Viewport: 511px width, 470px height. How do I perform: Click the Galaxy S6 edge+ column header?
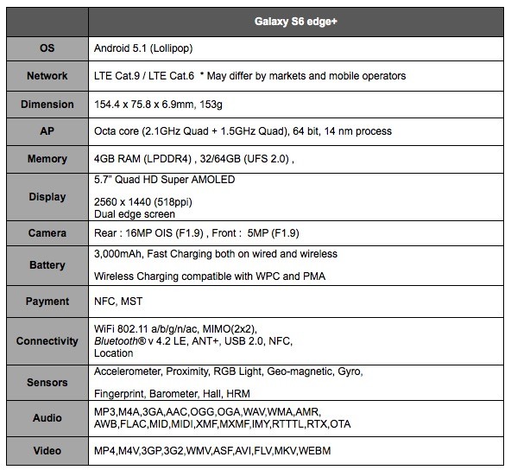point(295,22)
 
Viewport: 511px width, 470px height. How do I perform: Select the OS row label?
point(47,48)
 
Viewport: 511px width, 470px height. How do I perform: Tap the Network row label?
point(47,76)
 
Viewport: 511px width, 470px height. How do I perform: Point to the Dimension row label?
point(47,105)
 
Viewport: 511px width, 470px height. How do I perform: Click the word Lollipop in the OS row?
point(171,48)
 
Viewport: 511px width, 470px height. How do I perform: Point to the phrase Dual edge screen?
point(135,214)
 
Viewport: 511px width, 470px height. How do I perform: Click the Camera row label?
point(47,233)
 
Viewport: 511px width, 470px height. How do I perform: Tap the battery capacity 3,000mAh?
point(118,254)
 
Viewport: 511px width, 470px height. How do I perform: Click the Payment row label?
point(47,302)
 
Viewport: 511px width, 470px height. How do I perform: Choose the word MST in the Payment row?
point(132,302)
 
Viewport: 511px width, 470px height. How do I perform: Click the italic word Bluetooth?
point(116,341)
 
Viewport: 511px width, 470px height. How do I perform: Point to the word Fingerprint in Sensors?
point(119,394)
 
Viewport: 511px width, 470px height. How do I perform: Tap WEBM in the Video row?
point(314,451)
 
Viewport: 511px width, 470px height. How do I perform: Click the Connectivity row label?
point(47,341)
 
